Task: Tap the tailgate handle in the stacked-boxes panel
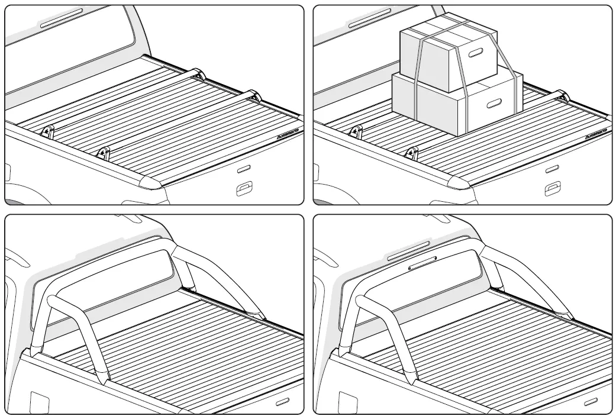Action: click(x=552, y=189)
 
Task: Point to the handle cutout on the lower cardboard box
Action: click(x=492, y=104)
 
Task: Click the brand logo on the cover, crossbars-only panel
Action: click(x=288, y=134)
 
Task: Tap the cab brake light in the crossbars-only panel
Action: click(x=61, y=18)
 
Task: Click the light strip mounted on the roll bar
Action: click(x=423, y=266)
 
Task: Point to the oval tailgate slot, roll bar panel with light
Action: click(x=591, y=401)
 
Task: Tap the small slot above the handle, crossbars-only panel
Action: click(x=243, y=169)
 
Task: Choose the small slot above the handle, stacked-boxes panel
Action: click(x=552, y=169)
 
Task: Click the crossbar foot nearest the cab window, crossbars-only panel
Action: click(x=198, y=74)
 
